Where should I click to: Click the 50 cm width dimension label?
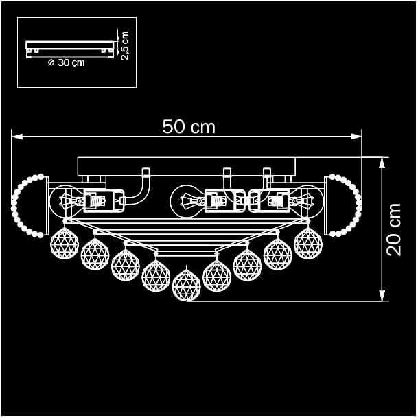click(x=189, y=126)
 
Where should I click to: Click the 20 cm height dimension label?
click(x=394, y=230)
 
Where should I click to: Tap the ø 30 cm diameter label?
click(x=67, y=63)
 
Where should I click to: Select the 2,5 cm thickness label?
click(x=124, y=45)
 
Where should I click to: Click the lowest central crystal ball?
click(x=186, y=285)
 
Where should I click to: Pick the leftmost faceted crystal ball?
click(x=65, y=243)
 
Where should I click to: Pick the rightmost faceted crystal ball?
click(x=308, y=243)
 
